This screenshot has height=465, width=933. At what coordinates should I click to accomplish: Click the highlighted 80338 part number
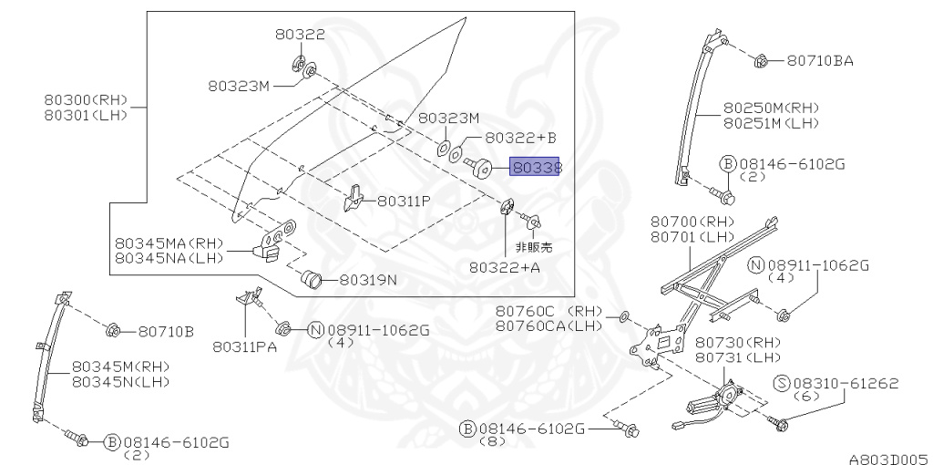point(535,167)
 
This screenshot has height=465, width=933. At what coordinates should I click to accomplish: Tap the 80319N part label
point(368,279)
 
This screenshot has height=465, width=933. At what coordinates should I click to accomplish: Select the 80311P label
point(404,201)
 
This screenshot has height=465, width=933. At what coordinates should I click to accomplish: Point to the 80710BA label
point(820,60)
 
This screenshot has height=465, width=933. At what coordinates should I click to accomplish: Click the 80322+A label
point(505,267)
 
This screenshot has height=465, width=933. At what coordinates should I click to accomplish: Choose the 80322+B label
point(520,138)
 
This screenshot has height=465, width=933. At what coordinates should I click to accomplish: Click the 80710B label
point(167,332)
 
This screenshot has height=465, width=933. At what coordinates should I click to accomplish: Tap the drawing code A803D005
point(890,459)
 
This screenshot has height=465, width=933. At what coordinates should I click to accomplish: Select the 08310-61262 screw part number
point(846,383)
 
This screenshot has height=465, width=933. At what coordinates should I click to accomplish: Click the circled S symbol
point(782,384)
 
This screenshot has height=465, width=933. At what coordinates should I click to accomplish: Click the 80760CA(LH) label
point(549,325)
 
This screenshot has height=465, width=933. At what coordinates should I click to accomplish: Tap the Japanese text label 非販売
point(534,246)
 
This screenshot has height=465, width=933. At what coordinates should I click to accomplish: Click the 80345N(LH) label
point(121,382)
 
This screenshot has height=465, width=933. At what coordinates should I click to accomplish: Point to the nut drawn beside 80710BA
point(760,60)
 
